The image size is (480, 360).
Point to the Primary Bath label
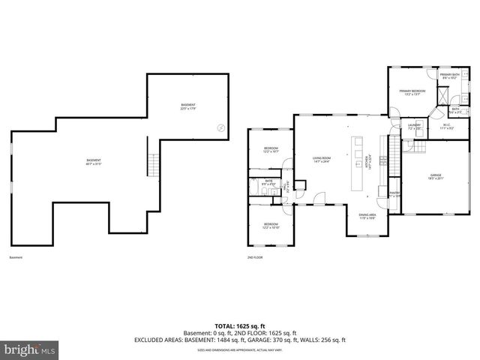coord(448,76)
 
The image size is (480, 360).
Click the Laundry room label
coord(414,127)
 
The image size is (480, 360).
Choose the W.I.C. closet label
coord(446,127)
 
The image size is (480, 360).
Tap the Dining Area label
coord(367,216)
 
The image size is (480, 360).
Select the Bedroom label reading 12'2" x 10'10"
coord(271,225)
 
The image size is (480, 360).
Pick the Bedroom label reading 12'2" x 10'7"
coord(271,150)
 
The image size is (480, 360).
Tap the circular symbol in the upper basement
coord(220,127)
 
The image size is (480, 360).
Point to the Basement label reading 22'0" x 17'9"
coord(188,106)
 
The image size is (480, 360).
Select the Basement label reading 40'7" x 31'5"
coord(93,161)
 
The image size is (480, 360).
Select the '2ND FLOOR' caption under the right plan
coord(254,257)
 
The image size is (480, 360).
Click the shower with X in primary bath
coord(442,95)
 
